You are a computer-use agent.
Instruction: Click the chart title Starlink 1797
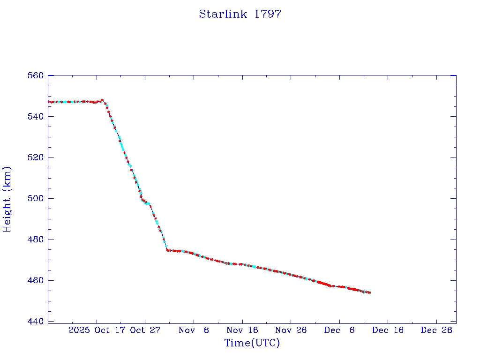[x=240, y=14]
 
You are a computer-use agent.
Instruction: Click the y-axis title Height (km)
[x=7, y=199]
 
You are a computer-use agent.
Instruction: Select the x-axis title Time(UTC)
[x=252, y=343]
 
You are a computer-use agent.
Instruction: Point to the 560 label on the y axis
[x=36, y=75]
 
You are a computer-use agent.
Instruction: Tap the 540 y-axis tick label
[x=36, y=116]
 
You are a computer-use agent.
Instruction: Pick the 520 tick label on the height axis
[x=36, y=157]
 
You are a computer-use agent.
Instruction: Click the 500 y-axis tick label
[x=36, y=198]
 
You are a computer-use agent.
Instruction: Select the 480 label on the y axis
[x=36, y=240]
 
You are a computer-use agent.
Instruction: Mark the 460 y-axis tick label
[x=36, y=280]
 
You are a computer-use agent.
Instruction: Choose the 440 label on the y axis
[x=36, y=322]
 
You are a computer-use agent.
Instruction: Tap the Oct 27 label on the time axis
[x=145, y=330]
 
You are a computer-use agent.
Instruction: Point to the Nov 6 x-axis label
[x=194, y=330]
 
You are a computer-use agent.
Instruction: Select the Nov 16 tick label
[x=242, y=330]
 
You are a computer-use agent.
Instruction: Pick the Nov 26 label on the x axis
[x=291, y=330]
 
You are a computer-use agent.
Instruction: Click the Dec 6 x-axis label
[x=339, y=330]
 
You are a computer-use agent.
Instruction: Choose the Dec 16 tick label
[x=388, y=330]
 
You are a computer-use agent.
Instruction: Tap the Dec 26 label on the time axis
[x=436, y=330]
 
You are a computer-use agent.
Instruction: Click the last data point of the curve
[x=370, y=292]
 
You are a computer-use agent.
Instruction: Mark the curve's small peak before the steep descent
[x=102, y=100]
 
